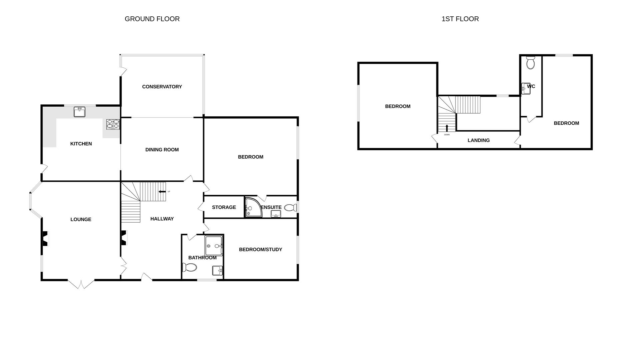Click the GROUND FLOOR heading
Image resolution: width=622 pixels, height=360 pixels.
[x=152, y=19]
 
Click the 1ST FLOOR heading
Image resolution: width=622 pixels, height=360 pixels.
[x=460, y=19]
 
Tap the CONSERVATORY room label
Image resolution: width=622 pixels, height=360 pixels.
[x=162, y=87]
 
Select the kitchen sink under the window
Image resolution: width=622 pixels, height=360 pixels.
[x=79, y=112]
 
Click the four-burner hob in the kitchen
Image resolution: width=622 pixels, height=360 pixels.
[x=113, y=124]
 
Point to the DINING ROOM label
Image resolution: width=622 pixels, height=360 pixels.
[x=162, y=150]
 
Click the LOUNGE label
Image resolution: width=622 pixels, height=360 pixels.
[x=81, y=219]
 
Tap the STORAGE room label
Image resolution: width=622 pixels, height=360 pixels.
[x=224, y=207]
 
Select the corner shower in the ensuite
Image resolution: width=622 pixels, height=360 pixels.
[x=252, y=207]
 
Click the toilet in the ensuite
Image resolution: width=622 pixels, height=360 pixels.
[x=291, y=208]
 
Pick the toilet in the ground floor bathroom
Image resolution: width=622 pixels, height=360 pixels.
[x=189, y=267]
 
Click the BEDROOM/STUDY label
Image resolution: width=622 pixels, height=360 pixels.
[x=260, y=249]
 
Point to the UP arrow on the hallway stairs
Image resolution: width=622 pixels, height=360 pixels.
[x=162, y=192]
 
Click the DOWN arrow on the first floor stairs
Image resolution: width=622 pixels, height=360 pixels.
[x=447, y=128]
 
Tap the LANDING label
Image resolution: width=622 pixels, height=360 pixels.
[x=478, y=140]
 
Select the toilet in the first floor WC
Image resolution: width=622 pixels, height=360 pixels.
[x=530, y=62]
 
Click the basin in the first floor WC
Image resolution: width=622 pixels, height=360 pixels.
[x=526, y=89]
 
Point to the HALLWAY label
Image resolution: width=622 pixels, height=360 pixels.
[x=162, y=219]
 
